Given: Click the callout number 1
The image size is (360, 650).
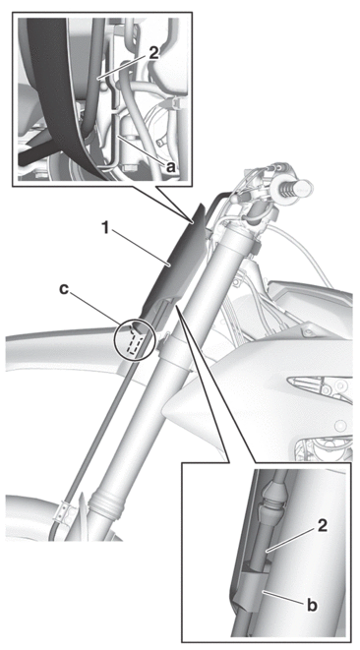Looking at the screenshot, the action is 107,228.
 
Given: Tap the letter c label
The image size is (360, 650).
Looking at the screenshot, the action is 64,289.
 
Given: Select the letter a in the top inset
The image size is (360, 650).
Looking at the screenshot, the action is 169,166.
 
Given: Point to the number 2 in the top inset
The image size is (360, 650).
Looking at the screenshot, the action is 153,54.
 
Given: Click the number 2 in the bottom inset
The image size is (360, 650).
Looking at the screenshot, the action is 322,526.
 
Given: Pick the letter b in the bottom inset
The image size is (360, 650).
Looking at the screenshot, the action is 312,605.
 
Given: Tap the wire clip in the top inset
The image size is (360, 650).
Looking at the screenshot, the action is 175,103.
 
